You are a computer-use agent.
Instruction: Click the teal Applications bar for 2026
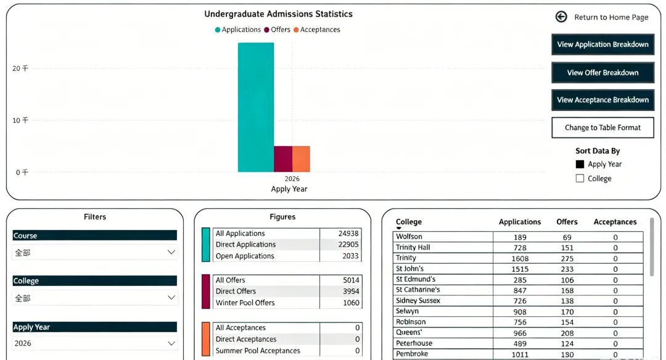[x=256, y=107]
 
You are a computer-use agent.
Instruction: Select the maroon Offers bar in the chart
[x=283, y=159]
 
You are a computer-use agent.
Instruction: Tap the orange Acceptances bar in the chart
[x=301, y=159]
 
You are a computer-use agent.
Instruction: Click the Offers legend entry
[x=277, y=30]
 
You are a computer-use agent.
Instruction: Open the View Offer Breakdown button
[x=602, y=73]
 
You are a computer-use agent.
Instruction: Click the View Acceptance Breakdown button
[x=602, y=100]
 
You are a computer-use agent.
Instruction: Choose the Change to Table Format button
[x=602, y=128]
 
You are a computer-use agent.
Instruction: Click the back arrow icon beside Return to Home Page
[x=561, y=17]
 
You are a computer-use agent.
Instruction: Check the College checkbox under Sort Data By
[x=580, y=178]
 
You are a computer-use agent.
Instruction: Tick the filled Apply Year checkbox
[x=580, y=165]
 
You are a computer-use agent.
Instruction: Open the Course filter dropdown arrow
[x=171, y=252]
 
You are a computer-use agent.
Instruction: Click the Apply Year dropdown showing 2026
[x=95, y=343]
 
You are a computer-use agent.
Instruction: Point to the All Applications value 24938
[x=348, y=234]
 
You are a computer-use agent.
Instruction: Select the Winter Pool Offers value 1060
[x=351, y=303]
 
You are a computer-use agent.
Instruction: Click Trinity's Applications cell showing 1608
[x=520, y=258]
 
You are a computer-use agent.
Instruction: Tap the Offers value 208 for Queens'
[x=567, y=333]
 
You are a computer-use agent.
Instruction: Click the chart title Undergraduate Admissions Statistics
[x=278, y=14]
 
